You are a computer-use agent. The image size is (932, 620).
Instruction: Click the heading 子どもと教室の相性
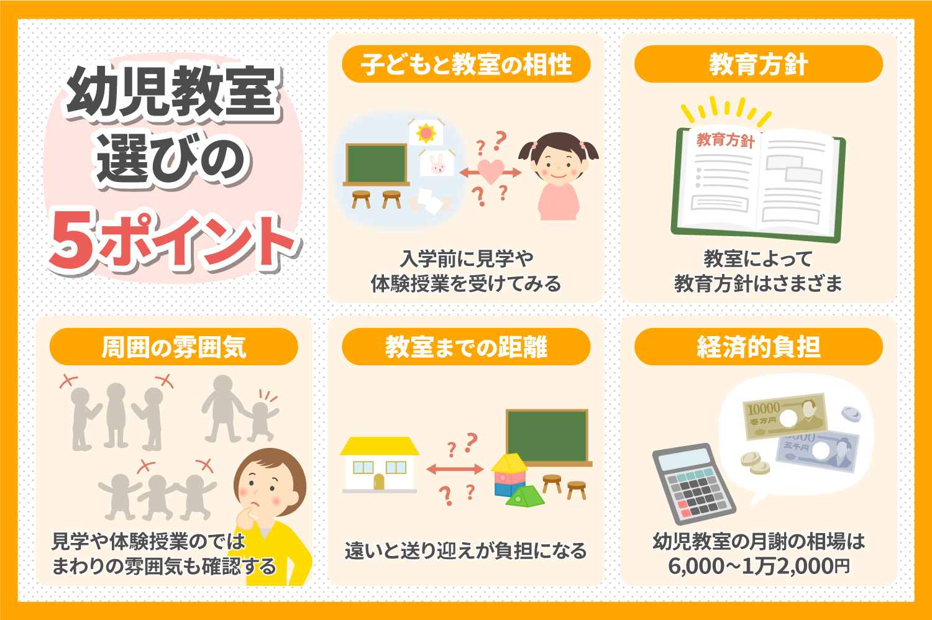[466, 65]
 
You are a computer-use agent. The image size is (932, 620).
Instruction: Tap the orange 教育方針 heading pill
[758, 65]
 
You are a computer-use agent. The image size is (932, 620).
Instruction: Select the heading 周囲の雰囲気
[173, 347]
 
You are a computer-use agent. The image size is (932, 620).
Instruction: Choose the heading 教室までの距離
[466, 347]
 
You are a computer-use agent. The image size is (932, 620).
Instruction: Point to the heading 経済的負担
[758, 347]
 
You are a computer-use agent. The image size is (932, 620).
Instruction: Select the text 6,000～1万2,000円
[758, 567]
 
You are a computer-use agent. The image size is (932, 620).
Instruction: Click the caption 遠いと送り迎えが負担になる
[466, 550]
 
